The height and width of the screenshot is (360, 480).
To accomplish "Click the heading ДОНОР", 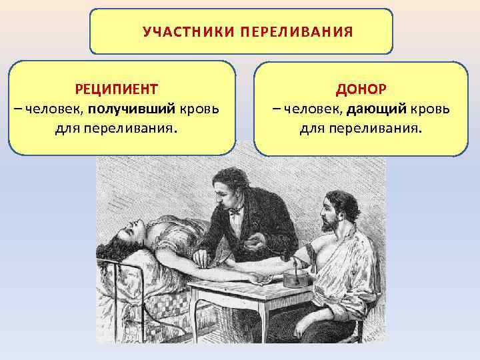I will click(359, 89).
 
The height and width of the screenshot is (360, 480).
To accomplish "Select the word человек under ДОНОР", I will click(311, 108).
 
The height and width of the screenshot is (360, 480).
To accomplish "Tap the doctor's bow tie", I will click(235, 213).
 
